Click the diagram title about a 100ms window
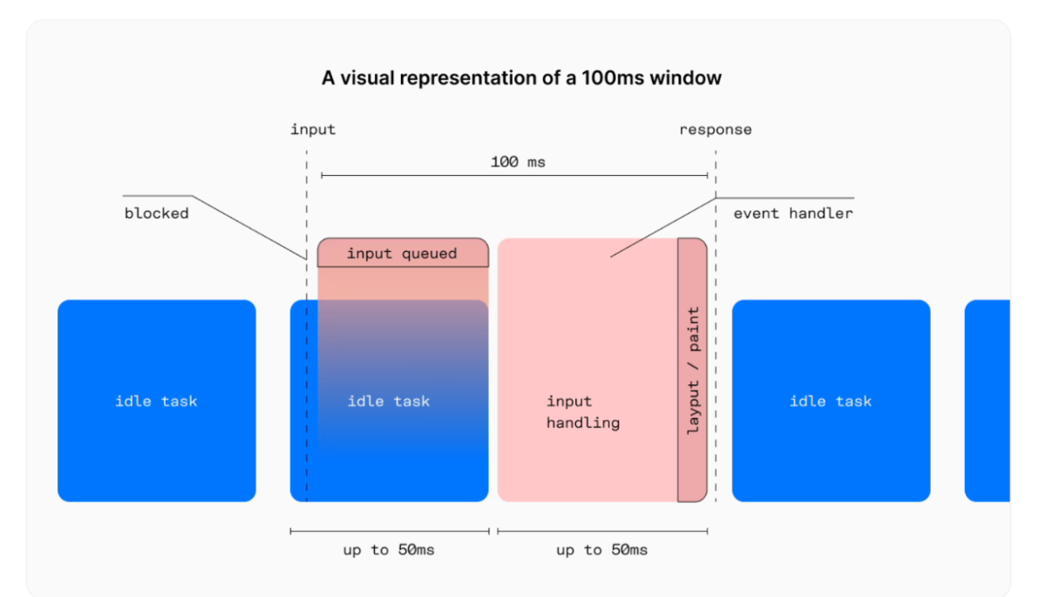521,79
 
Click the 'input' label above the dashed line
313,130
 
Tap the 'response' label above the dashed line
715,130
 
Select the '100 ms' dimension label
518,161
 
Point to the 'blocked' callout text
156,214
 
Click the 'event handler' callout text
793,214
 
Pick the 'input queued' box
402,254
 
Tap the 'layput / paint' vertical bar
692,370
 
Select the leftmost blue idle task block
156,401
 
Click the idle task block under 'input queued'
389,401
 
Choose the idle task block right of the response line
831,401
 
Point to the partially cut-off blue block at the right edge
988,401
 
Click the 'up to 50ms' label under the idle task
389,550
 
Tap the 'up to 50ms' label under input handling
602,550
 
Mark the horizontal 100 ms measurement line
427,175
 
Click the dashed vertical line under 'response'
715,342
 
